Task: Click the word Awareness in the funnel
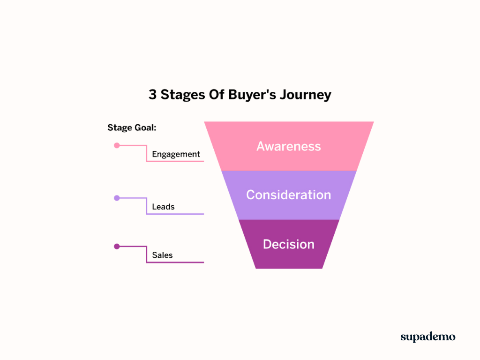289,146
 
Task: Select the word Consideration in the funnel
289,195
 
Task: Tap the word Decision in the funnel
289,244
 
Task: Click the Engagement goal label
176,154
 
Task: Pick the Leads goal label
163,207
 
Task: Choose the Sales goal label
162,255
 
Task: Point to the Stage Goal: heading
132,127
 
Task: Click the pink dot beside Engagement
117,145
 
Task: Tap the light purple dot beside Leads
117,198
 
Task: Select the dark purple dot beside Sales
117,246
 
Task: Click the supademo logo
427,337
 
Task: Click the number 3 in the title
153,95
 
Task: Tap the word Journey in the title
306,95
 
